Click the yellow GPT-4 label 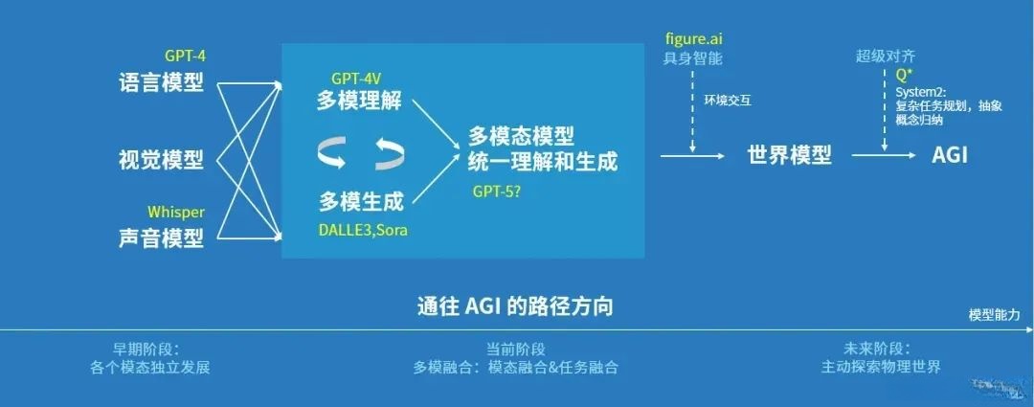pos(185,57)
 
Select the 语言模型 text pos(161,82)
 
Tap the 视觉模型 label pos(161,159)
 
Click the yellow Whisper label pos(176,211)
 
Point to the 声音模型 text pos(161,237)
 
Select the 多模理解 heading pos(360,102)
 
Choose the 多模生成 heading pos(360,200)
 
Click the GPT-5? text pos(497,191)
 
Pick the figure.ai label pos(693,40)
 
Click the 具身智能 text pos(693,58)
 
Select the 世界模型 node pos(789,155)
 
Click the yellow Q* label pos(902,76)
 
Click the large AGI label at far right pos(950,155)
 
